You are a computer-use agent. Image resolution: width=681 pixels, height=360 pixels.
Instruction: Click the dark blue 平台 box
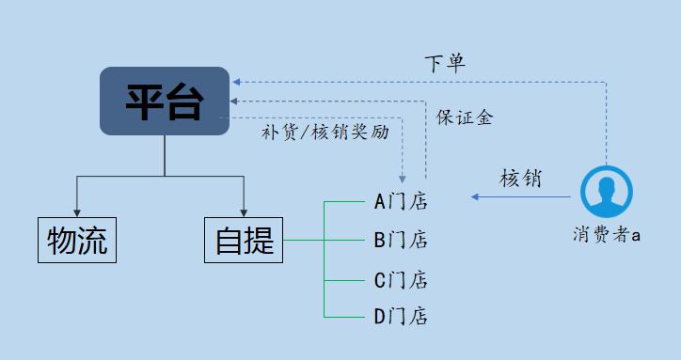pos(165,101)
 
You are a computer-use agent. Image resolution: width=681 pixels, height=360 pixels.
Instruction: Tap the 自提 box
pos(244,241)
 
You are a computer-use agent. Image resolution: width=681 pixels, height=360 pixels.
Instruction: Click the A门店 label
pos(401,200)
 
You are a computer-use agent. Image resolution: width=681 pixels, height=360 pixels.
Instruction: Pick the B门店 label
pos(401,240)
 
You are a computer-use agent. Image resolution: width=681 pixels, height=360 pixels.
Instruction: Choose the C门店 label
pos(401,279)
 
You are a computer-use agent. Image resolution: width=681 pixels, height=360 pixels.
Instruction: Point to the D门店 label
pos(401,317)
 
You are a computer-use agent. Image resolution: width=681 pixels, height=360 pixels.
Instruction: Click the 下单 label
pos(445,64)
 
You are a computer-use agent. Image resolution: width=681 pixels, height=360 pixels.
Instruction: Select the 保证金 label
pos(465,117)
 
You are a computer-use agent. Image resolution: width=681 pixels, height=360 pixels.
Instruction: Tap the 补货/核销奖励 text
pos(325,133)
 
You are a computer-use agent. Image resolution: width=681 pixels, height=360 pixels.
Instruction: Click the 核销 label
pos(520,179)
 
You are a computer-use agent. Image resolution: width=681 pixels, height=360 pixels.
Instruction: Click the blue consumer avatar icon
pos(607,193)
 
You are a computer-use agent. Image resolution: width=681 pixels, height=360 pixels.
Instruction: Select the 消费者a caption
pos(607,235)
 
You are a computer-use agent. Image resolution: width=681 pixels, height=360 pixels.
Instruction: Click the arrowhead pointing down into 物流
pos(77,211)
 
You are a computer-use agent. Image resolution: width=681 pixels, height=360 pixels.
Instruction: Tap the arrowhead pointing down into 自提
pos(244,211)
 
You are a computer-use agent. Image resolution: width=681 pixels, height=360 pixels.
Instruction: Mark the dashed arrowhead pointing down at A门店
pos(403,178)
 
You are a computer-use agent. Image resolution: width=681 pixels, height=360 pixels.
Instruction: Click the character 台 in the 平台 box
pos(185,102)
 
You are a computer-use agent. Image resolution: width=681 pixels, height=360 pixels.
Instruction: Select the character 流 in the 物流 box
pos(92,242)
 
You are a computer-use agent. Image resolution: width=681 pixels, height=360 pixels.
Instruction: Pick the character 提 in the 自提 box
pos(260,242)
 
